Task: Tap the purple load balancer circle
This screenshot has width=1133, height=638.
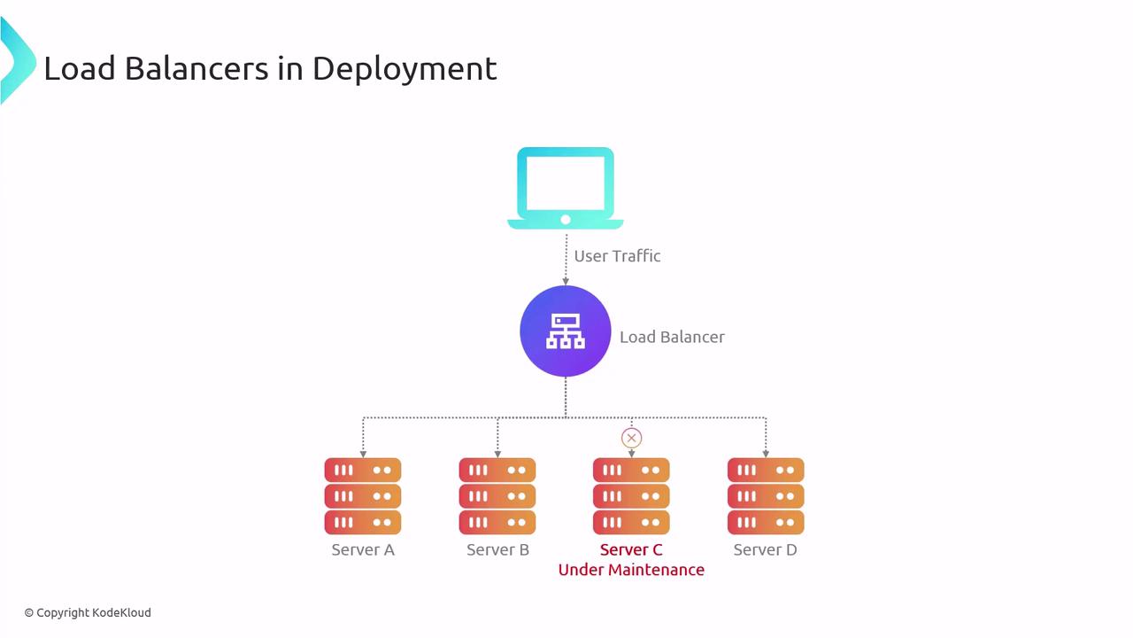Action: coord(566,331)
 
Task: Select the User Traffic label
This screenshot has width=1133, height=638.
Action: coord(617,256)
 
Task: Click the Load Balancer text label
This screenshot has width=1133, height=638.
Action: coord(672,337)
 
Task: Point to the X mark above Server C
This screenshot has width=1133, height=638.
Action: coord(631,438)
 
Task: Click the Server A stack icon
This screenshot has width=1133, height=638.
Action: coord(363,496)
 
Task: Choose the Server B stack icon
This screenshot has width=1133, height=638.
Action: coord(497,496)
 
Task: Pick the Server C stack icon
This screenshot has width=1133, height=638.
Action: coord(631,496)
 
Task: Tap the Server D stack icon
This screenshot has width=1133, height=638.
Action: coord(766,496)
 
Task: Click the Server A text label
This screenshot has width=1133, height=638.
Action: coord(363,550)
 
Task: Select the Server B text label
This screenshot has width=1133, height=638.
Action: coord(497,550)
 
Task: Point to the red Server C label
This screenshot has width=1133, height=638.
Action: coord(631,550)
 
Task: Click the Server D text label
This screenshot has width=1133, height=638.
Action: coord(766,550)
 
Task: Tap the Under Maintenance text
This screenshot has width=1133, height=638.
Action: coord(631,570)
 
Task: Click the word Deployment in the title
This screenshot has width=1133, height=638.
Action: coord(405,69)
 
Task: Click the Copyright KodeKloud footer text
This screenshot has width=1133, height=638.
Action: coord(88,612)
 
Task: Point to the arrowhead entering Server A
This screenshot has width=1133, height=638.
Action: coord(363,454)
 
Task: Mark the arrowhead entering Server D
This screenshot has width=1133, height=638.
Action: coord(766,454)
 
